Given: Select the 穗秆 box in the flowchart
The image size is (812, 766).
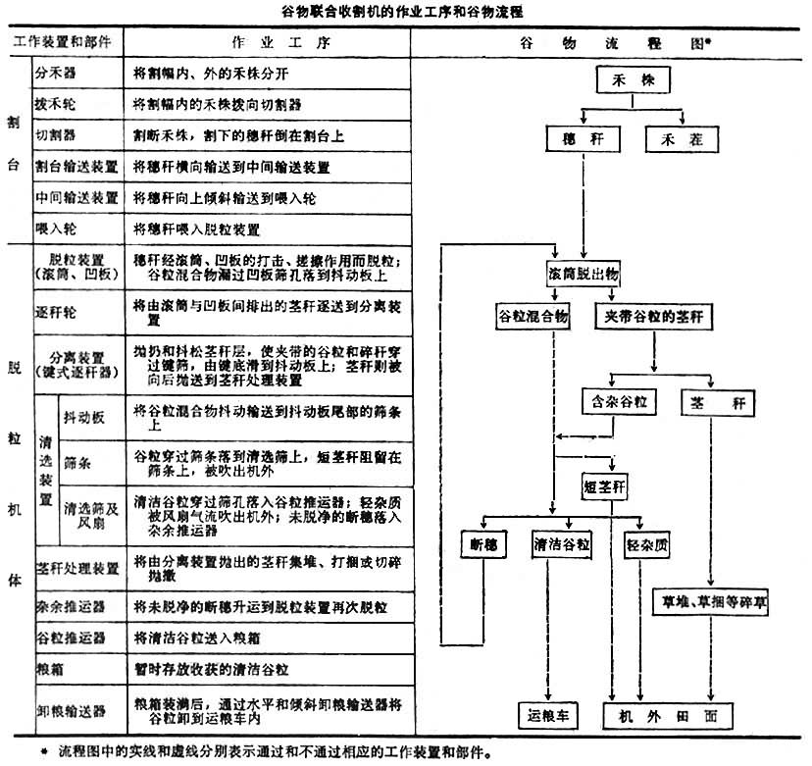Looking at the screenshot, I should point(578,139).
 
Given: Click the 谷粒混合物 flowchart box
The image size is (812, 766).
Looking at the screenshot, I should point(533,317).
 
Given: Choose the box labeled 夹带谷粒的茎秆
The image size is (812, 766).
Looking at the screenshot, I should point(653,317).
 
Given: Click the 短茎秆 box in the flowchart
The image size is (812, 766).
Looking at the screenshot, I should point(610,485).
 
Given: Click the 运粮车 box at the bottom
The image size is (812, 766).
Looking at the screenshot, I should point(548,715).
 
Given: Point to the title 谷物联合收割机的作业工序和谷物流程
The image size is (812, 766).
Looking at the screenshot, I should point(405,11).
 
